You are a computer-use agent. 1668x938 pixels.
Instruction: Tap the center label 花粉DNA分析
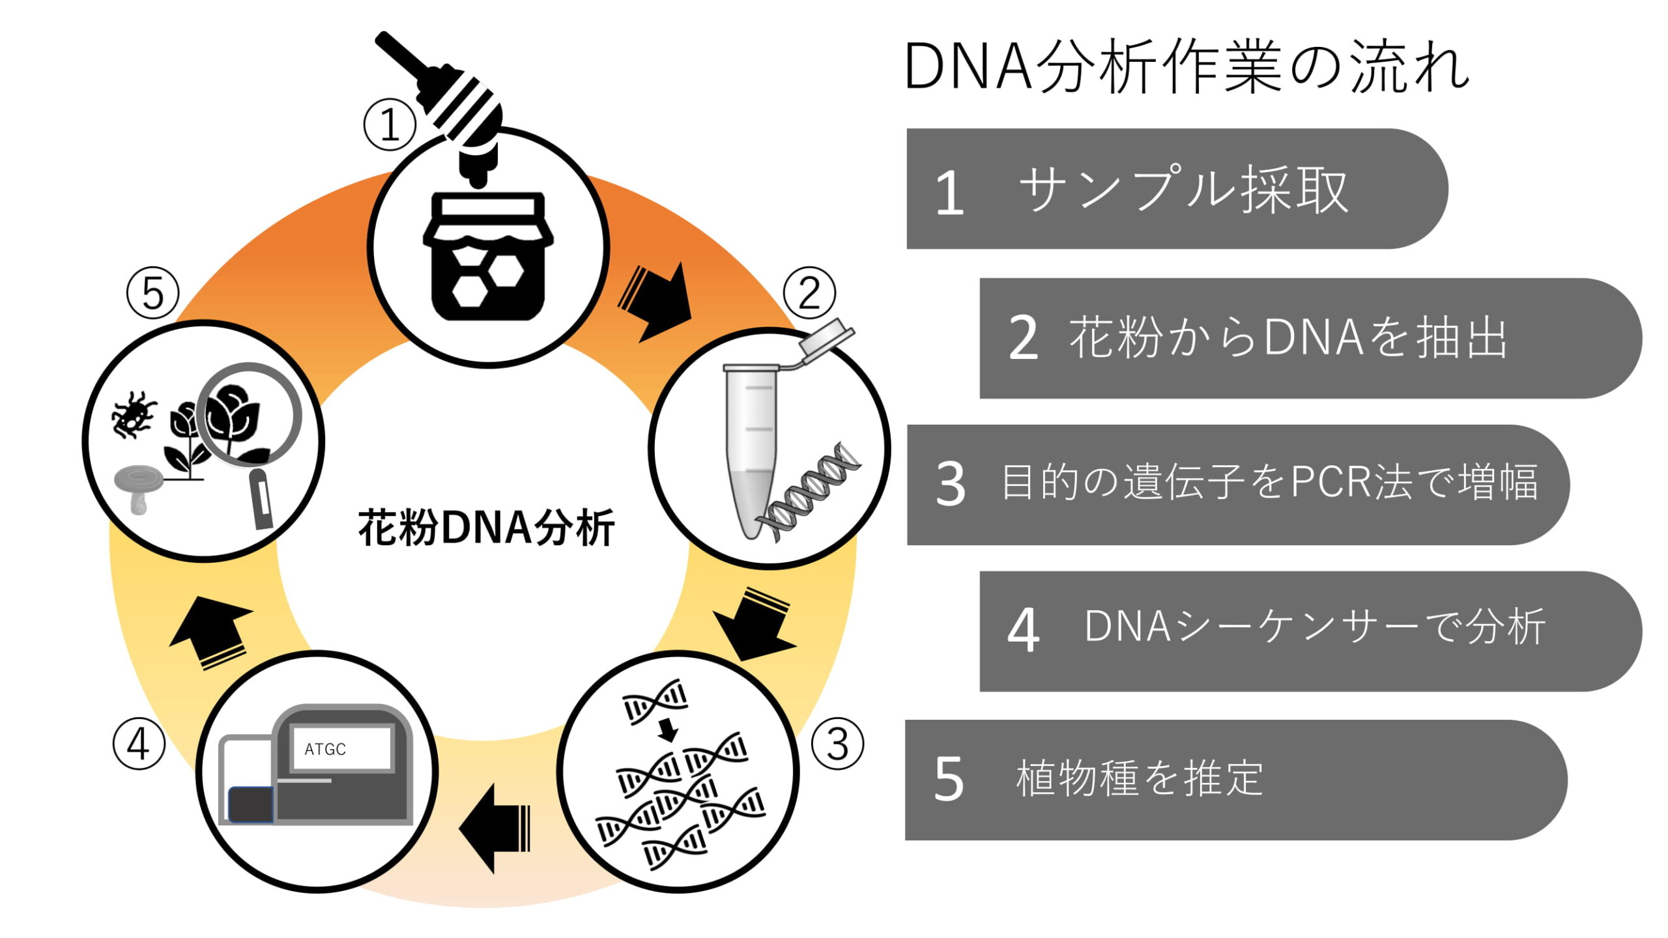(x=486, y=528)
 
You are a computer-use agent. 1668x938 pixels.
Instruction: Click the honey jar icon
(x=487, y=257)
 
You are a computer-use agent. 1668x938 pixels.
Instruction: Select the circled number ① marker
(x=390, y=124)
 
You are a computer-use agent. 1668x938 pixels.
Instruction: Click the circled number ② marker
(x=809, y=293)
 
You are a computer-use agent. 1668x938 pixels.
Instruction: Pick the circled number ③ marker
(x=837, y=744)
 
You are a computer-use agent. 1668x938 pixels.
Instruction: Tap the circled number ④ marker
(x=138, y=744)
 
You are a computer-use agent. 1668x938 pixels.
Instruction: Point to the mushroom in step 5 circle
(x=138, y=485)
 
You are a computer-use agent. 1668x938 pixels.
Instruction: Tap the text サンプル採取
(x=1183, y=190)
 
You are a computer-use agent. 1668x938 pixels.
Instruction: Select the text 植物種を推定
(x=1139, y=778)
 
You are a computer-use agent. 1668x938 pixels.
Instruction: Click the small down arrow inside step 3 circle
(x=668, y=730)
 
